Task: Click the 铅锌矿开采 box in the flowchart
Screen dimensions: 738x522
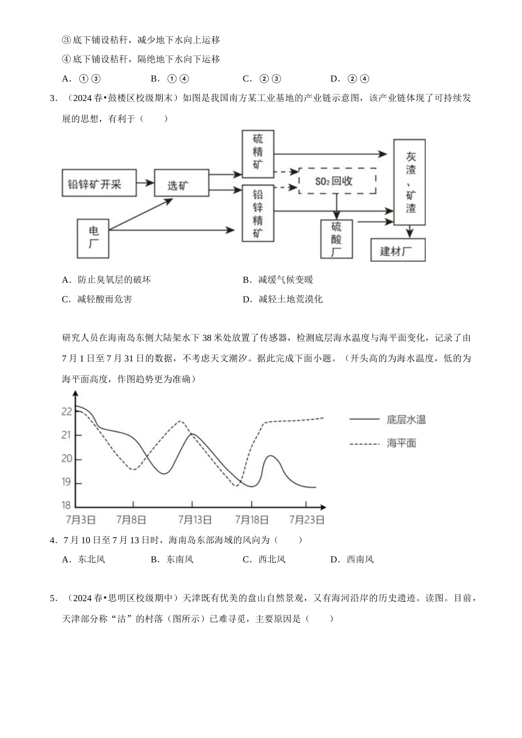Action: coord(98,184)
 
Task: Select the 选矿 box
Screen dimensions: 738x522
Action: coord(181,183)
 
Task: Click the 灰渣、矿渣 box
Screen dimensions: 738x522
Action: coord(410,182)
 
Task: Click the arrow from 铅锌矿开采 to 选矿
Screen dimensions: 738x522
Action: coord(145,182)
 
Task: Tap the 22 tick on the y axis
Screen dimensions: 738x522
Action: coord(67,411)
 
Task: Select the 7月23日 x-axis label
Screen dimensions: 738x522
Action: coord(306,519)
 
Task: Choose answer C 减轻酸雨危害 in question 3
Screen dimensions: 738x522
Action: coord(97,299)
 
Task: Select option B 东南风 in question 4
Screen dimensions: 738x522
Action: coord(173,560)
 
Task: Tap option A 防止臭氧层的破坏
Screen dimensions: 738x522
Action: coord(107,279)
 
